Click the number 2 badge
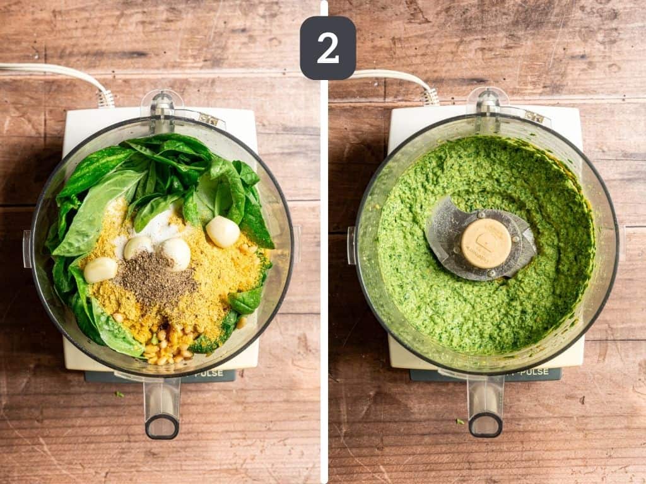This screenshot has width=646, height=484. pos(327,48)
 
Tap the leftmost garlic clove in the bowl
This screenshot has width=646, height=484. pos(100,270)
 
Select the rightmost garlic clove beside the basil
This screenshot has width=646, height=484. pos(223,231)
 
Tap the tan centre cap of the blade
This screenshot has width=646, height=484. pos(486,243)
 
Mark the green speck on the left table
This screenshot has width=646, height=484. pos(119,395)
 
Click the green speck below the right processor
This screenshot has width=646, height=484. pos(460,421)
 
